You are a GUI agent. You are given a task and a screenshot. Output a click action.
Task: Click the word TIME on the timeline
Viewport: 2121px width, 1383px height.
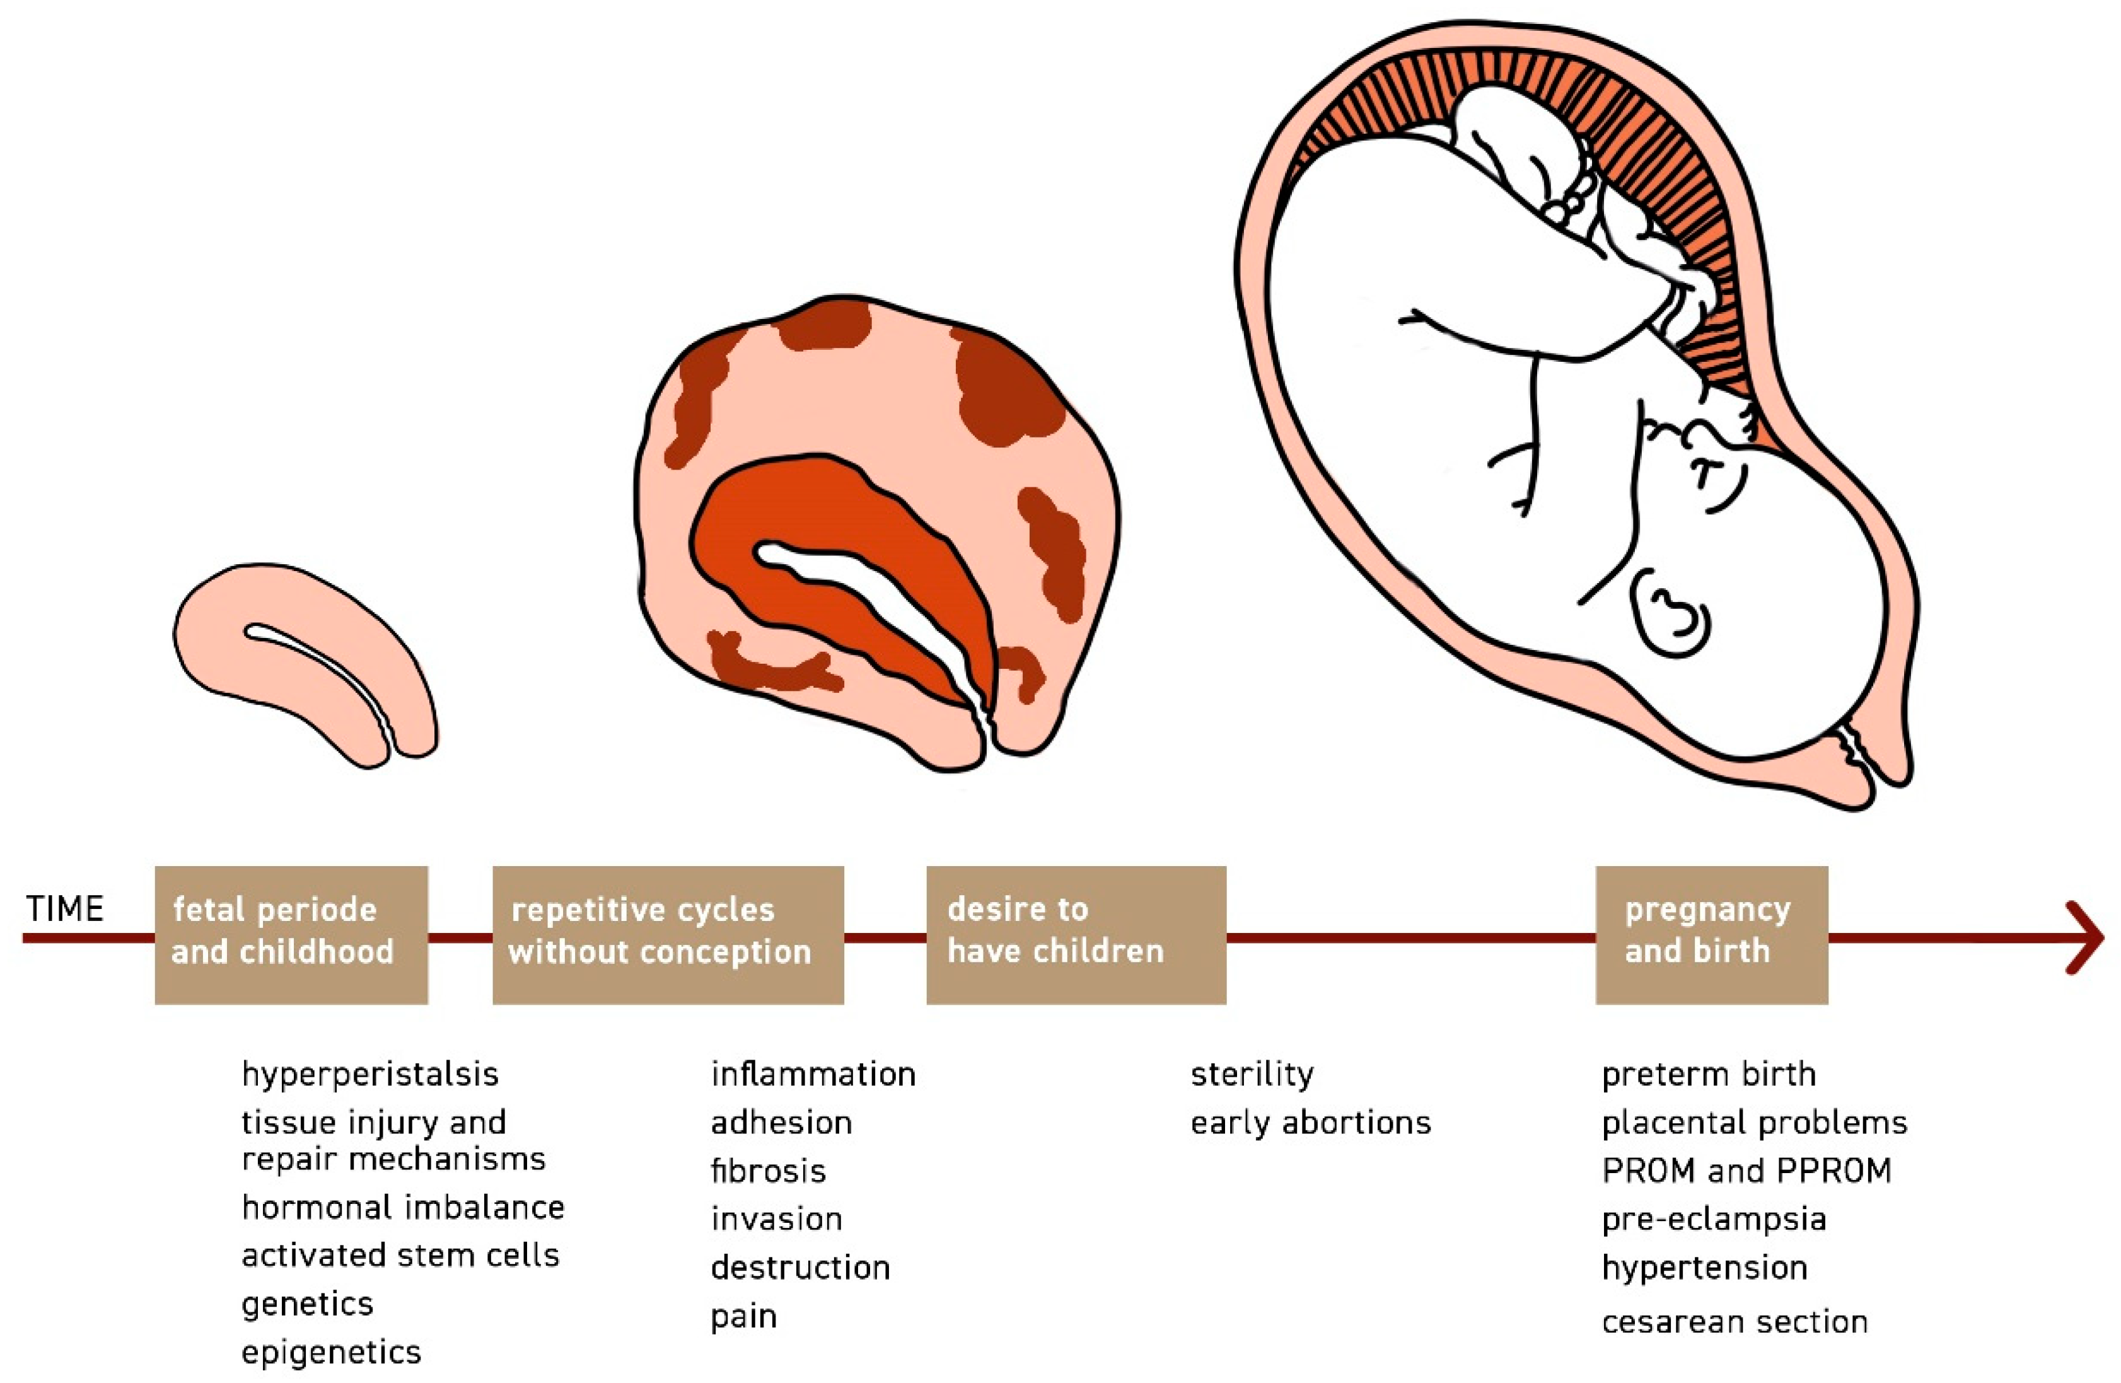[65, 909]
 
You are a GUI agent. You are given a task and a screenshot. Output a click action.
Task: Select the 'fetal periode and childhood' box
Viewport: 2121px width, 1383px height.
[291, 934]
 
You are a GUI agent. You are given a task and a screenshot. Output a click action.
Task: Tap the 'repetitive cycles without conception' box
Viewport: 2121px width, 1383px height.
[668, 934]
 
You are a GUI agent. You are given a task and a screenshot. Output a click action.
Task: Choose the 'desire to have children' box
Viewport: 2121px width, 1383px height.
[1076, 934]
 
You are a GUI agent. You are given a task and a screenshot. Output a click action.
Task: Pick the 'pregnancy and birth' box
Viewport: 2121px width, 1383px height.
[1711, 934]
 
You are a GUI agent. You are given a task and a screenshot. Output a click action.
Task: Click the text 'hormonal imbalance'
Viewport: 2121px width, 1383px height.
[403, 1208]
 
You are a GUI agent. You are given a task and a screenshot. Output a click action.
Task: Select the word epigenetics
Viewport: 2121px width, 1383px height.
[330, 1353]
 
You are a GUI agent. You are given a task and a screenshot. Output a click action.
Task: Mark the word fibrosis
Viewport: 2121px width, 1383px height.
[768, 1171]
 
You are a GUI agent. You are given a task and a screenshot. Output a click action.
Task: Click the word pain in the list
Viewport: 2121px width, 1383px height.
[743, 1317]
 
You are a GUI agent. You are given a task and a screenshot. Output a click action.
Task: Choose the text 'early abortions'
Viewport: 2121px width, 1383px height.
[1310, 1123]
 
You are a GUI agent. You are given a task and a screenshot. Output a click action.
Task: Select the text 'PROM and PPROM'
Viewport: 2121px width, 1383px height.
[1746, 1171]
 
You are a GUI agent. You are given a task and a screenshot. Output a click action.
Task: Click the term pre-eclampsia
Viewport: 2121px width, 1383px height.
[1714, 1220]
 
